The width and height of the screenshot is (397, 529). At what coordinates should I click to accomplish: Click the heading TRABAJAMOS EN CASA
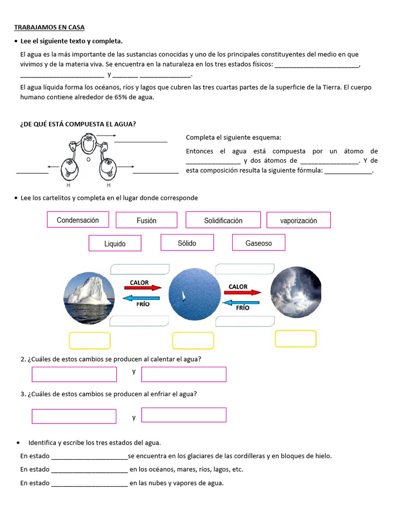tap(49, 27)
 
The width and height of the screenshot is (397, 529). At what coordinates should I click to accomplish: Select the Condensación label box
tap(78, 220)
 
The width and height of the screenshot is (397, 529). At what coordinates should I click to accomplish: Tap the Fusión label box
tap(146, 220)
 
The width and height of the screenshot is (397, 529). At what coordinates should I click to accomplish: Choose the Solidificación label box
tap(223, 220)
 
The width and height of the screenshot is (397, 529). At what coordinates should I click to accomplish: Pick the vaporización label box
tap(298, 220)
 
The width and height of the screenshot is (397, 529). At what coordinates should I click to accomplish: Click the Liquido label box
tap(115, 243)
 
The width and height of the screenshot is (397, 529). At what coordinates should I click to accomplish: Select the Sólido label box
tap(187, 243)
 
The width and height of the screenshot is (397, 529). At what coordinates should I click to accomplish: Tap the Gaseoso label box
tap(258, 243)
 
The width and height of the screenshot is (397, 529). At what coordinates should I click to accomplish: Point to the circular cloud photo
tap(296, 292)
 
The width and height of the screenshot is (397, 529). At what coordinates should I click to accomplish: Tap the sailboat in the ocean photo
tap(182, 296)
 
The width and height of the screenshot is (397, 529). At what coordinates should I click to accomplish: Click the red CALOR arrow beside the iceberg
tap(142, 288)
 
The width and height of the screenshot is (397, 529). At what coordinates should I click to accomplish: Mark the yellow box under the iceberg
tap(89, 340)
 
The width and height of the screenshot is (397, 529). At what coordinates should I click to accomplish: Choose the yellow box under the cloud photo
tap(295, 339)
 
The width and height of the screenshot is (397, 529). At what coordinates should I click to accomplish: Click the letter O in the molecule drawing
tap(88, 160)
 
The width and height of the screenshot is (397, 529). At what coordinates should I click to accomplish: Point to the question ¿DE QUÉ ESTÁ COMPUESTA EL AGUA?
tap(78, 124)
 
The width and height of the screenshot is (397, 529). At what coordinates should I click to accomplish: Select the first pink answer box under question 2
tap(74, 375)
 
